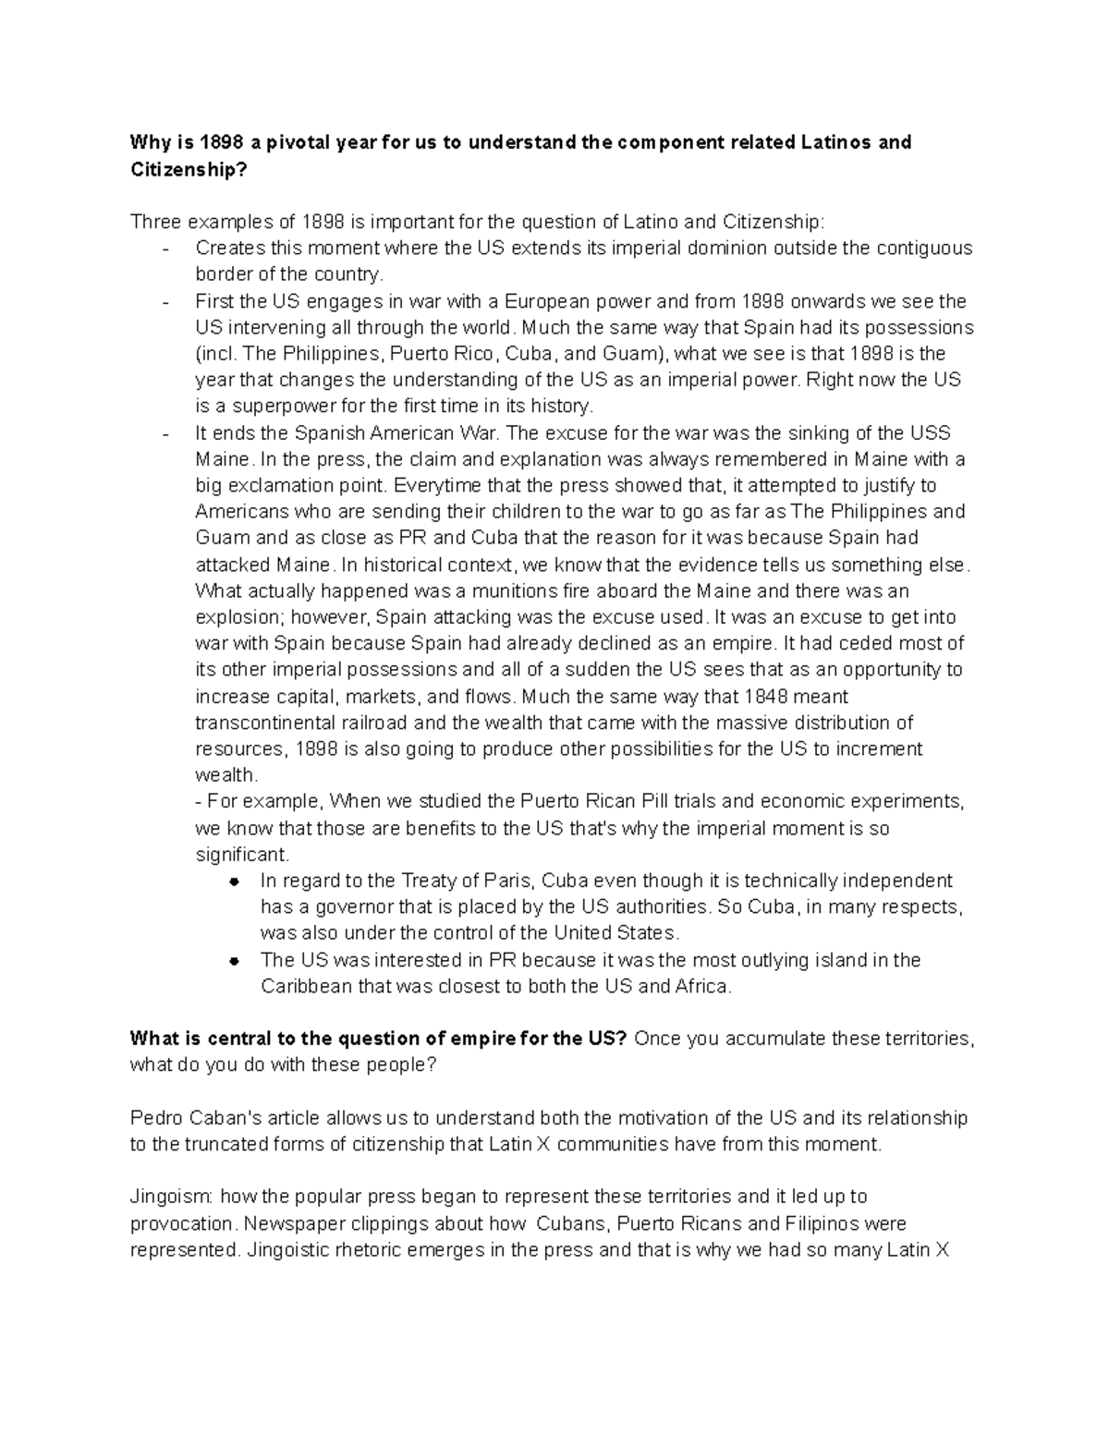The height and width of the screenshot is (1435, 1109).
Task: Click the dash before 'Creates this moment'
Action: (165, 249)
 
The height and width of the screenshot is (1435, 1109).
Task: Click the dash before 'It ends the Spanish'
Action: (165, 433)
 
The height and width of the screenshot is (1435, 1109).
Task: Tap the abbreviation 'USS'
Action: (930, 433)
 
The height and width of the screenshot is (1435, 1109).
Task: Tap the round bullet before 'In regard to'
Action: (235, 882)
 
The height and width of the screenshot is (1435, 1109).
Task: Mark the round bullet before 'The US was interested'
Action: (235, 961)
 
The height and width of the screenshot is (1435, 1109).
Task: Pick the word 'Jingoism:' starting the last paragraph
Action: (172, 1198)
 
